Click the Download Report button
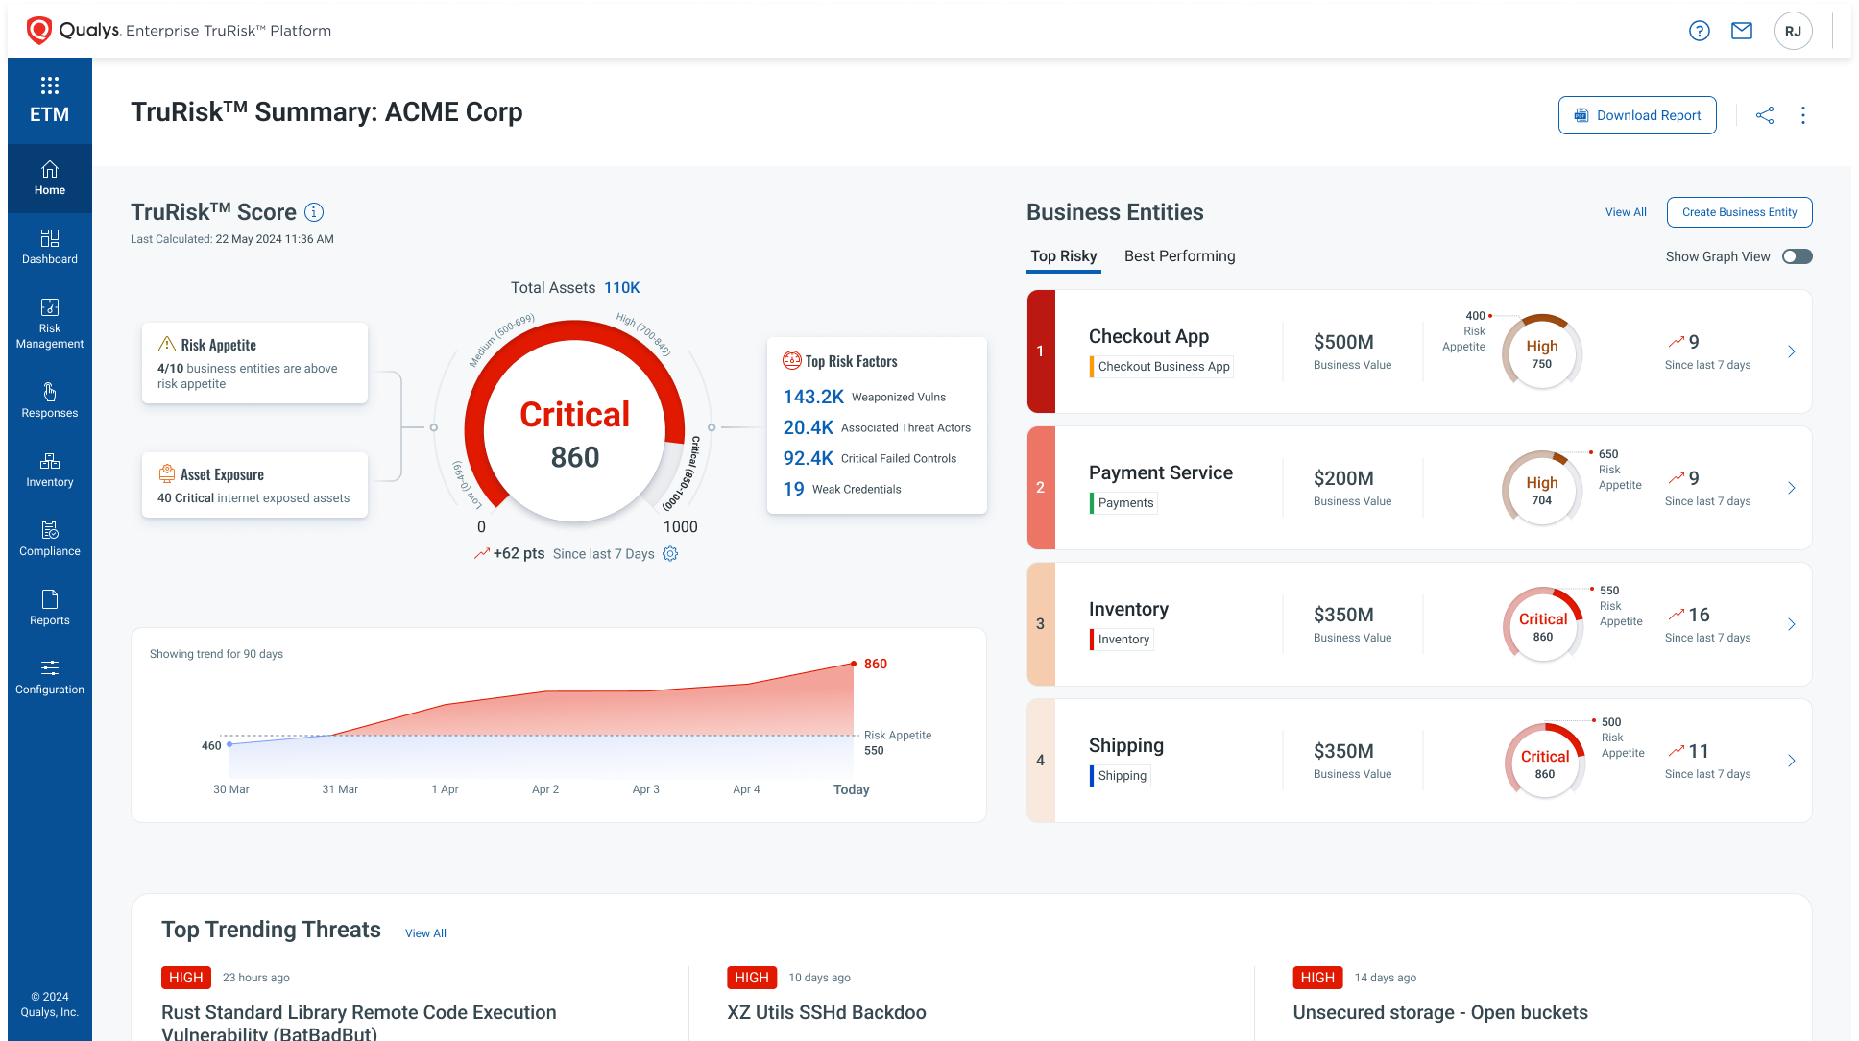point(1636,115)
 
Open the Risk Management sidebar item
point(50,324)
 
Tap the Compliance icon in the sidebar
point(50,530)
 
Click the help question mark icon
point(1699,31)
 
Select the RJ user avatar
point(1793,31)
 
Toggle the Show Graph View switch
point(1797,256)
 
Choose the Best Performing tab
point(1179,256)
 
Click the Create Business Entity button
point(1739,212)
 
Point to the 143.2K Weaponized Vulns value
point(812,397)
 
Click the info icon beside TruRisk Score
point(314,212)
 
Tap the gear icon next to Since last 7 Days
point(670,554)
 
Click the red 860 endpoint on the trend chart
point(854,664)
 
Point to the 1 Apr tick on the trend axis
point(445,789)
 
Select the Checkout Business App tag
point(1163,367)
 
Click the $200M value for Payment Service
point(1343,478)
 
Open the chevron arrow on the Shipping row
point(1791,761)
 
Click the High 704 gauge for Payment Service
point(1541,489)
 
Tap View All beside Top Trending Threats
point(425,933)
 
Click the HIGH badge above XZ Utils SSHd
point(751,978)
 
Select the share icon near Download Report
point(1764,115)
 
